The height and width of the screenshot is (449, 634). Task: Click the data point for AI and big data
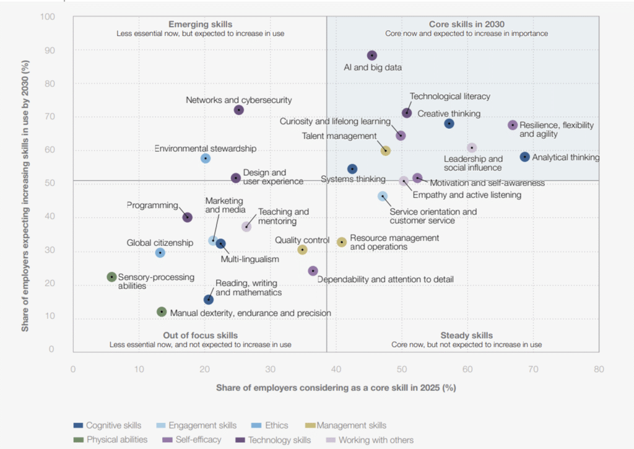coord(371,56)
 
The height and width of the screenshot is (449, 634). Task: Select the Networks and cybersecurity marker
coord(239,110)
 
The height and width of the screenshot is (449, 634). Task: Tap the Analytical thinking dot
coord(525,157)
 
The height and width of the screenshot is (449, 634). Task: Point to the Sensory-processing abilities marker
coord(111,277)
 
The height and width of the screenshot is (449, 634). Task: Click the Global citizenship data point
coord(160,253)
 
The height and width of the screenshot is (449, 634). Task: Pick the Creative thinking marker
coord(449,124)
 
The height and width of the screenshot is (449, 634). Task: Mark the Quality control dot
coord(302,250)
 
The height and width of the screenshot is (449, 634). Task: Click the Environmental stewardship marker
coord(206,159)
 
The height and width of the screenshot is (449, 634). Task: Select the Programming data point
coord(187,217)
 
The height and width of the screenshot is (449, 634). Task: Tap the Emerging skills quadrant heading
coord(200,24)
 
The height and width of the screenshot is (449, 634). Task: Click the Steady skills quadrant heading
coord(466,335)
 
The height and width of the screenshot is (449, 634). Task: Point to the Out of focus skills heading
coord(200,335)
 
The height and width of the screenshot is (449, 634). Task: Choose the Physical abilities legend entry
coord(116,440)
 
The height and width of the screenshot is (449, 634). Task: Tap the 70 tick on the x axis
coord(532,370)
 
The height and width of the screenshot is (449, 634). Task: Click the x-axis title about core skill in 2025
coord(336,388)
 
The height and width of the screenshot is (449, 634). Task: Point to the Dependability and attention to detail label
coord(385,279)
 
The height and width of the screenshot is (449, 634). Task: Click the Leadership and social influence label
coord(473,163)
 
